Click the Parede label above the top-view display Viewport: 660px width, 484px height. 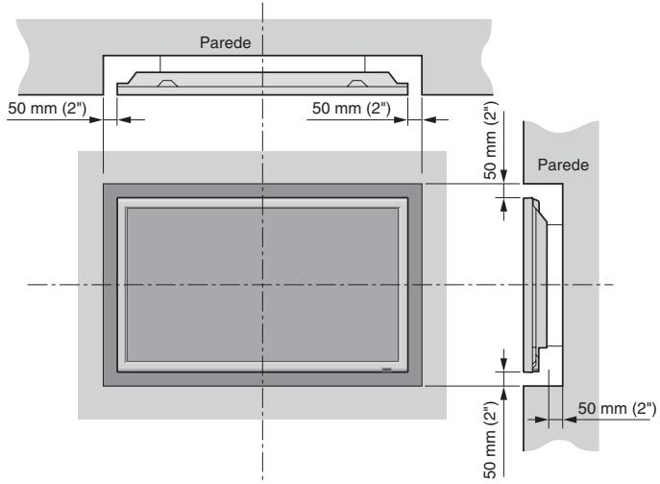click(223, 43)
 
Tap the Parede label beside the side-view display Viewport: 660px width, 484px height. click(562, 166)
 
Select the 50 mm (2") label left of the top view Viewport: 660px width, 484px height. click(48, 107)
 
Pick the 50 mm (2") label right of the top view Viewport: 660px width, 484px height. click(351, 107)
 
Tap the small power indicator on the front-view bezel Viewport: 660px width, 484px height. click(385, 369)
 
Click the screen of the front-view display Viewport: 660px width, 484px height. click(192, 250)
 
